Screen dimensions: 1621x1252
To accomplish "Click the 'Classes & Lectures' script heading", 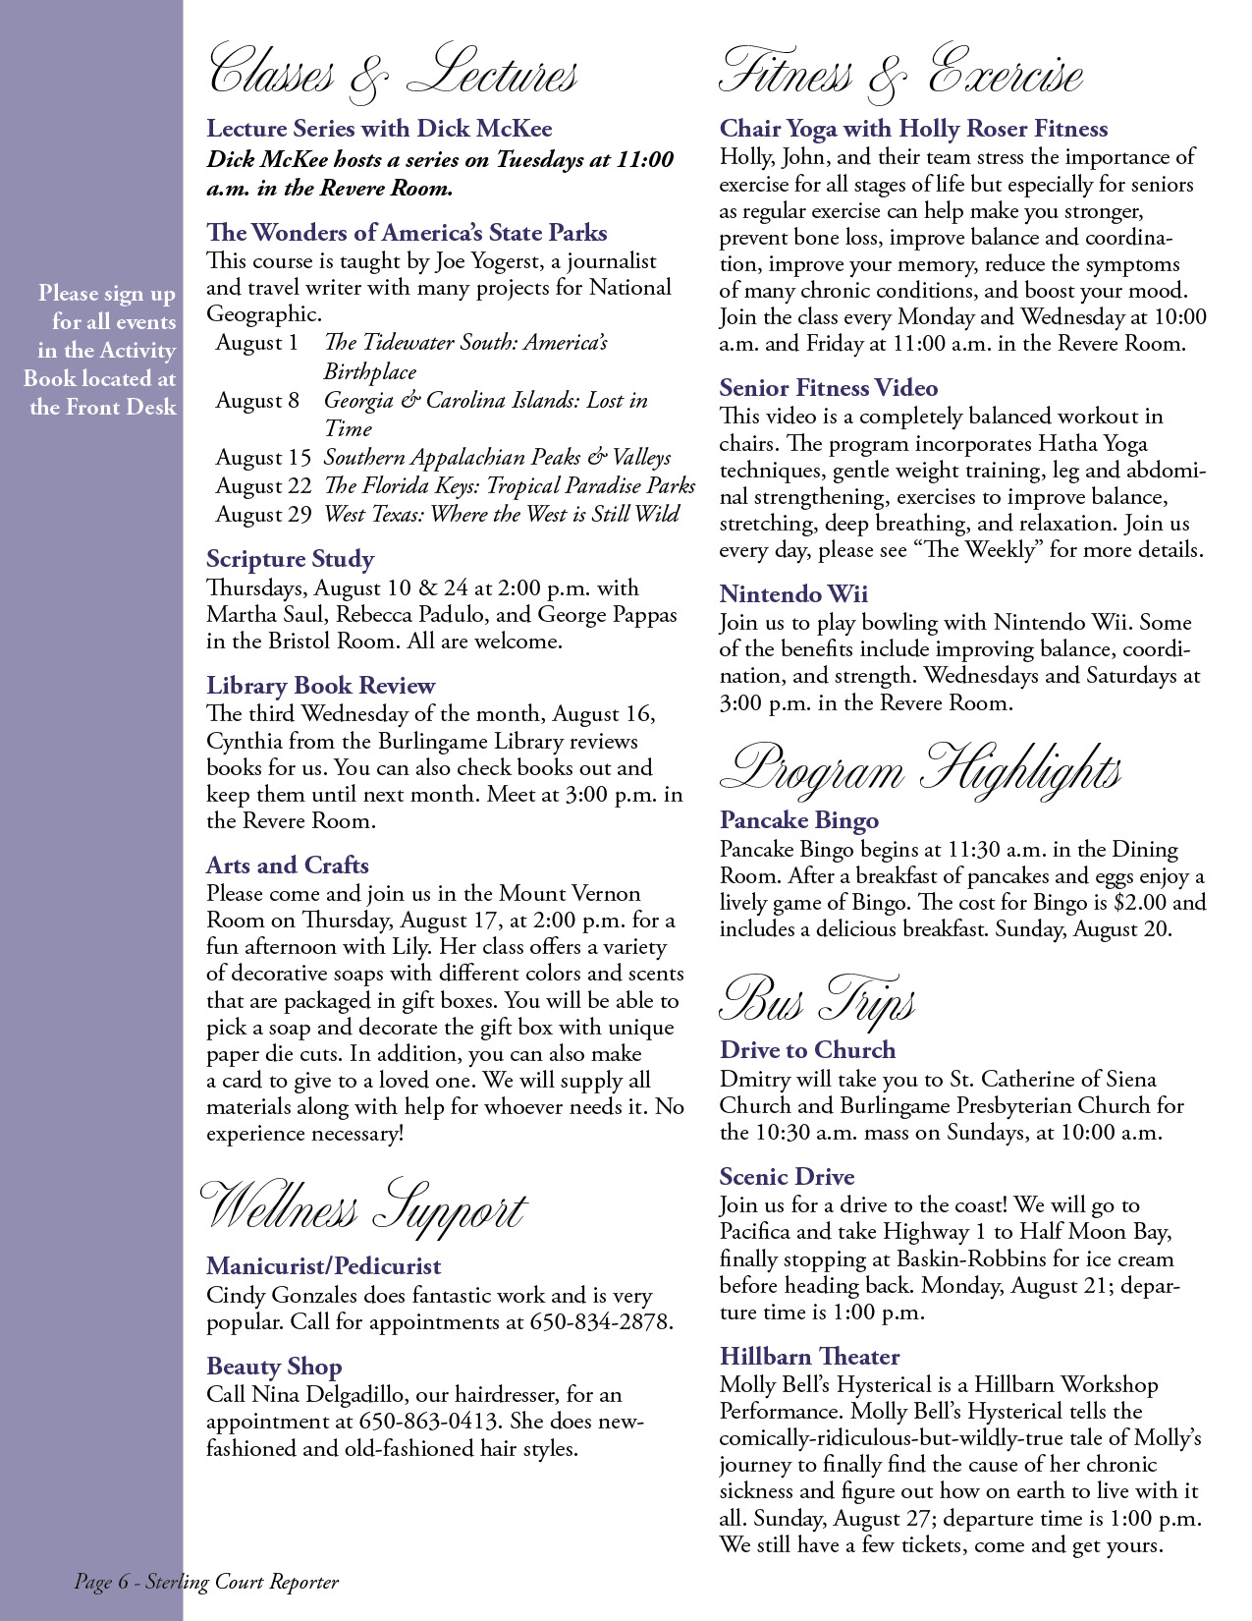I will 393,75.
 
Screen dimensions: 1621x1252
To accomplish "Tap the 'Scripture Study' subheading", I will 290,559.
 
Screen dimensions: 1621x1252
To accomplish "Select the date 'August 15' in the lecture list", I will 262,458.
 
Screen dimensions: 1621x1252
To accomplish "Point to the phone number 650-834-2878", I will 601,1322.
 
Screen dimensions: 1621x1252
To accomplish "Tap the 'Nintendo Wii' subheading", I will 793,594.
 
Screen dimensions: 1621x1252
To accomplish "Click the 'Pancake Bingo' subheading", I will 798,820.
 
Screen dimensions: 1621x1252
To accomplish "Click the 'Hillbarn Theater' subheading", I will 809,1357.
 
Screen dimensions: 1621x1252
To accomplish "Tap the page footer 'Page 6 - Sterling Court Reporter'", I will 206,1582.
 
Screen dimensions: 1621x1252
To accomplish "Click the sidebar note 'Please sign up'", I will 106,294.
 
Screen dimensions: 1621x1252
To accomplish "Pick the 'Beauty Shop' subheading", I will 274,1367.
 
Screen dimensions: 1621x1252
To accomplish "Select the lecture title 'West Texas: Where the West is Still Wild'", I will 501,514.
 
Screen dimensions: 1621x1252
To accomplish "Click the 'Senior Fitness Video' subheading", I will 828,388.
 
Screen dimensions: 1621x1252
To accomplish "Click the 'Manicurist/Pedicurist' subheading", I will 323,1266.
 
